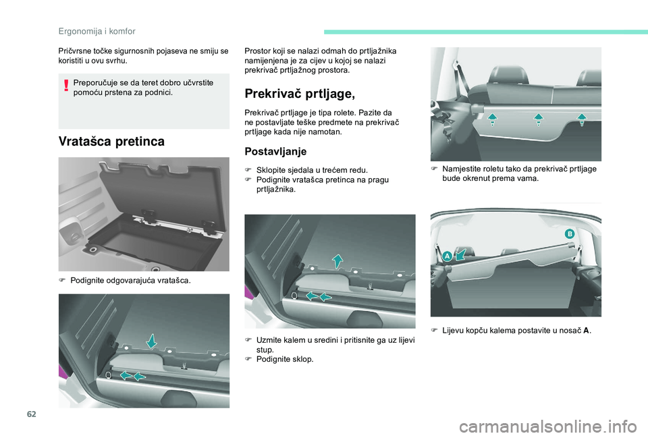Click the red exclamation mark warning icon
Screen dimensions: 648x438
coord(66,85)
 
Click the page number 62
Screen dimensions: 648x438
coord(32,414)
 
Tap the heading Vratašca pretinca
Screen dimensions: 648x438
coord(111,141)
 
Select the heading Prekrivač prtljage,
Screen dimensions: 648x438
coord(300,94)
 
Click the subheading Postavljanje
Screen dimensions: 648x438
coord(275,152)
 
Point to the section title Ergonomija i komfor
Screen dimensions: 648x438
coord(97,32)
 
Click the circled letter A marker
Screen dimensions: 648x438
coord(447,256)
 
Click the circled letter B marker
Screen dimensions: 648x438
coord(570,234)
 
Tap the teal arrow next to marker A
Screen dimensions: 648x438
coord(461,254)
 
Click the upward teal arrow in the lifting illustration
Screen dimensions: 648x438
coord(337,261)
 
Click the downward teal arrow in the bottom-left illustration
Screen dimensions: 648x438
coord(152,341)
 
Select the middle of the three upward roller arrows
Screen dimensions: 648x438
coord(538,119)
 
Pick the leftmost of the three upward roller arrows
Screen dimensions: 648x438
coord(492,119)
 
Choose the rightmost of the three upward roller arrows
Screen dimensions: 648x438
coord(582,119)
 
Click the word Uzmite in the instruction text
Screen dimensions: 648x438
coord(268,340)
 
